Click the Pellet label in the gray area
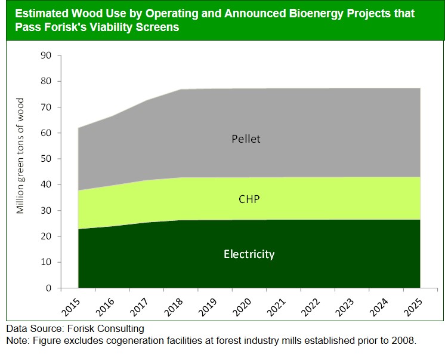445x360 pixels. click(246, 139)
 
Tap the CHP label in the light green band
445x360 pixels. click(249, 199)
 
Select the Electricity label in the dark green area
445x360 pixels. click(249, 254)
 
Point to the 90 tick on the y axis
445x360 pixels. click(46, 56)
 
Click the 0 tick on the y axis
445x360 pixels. click(49, 288)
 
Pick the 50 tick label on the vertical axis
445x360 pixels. click(46, 159)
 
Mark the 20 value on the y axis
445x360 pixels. click(46, 237)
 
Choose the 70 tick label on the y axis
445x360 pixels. click(46, 107)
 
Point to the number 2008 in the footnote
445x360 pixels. click(402, 340)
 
